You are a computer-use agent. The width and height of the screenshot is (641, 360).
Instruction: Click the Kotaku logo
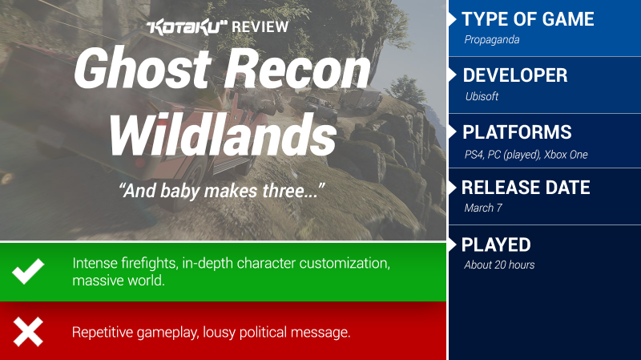coord(187,27)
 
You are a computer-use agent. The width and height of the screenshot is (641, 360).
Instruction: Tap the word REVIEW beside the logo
coord(260,27)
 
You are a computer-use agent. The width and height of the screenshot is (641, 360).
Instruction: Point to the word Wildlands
coord(223,135)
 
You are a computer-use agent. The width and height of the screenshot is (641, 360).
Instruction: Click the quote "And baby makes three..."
coord(222,191)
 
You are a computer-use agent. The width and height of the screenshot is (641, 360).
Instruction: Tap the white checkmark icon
coord(28,271)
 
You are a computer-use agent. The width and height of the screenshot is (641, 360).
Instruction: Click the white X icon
coord(28,332)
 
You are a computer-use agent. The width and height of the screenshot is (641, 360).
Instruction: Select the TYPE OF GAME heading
coord(528,19)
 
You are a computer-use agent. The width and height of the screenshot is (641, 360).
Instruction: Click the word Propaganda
coord(492,39)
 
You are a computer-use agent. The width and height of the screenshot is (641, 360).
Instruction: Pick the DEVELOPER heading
coord(515,75)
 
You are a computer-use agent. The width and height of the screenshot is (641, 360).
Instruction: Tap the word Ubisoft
coord(482,96)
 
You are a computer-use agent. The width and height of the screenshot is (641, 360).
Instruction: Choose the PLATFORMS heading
coord(517,132)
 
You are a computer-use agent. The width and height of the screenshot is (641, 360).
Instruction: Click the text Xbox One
coord(566,155)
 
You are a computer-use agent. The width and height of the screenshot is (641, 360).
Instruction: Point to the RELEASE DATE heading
coord(526,188)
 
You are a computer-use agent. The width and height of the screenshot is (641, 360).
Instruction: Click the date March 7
coord(483,208)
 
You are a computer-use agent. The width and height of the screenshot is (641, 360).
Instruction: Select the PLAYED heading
coord(496,245)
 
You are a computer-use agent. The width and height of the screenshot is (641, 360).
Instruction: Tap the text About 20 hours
coord(499,265)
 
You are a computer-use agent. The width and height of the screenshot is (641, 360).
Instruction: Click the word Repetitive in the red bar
coord(103,332)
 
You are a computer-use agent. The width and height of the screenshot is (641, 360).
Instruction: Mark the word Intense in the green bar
coord(95,263)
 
